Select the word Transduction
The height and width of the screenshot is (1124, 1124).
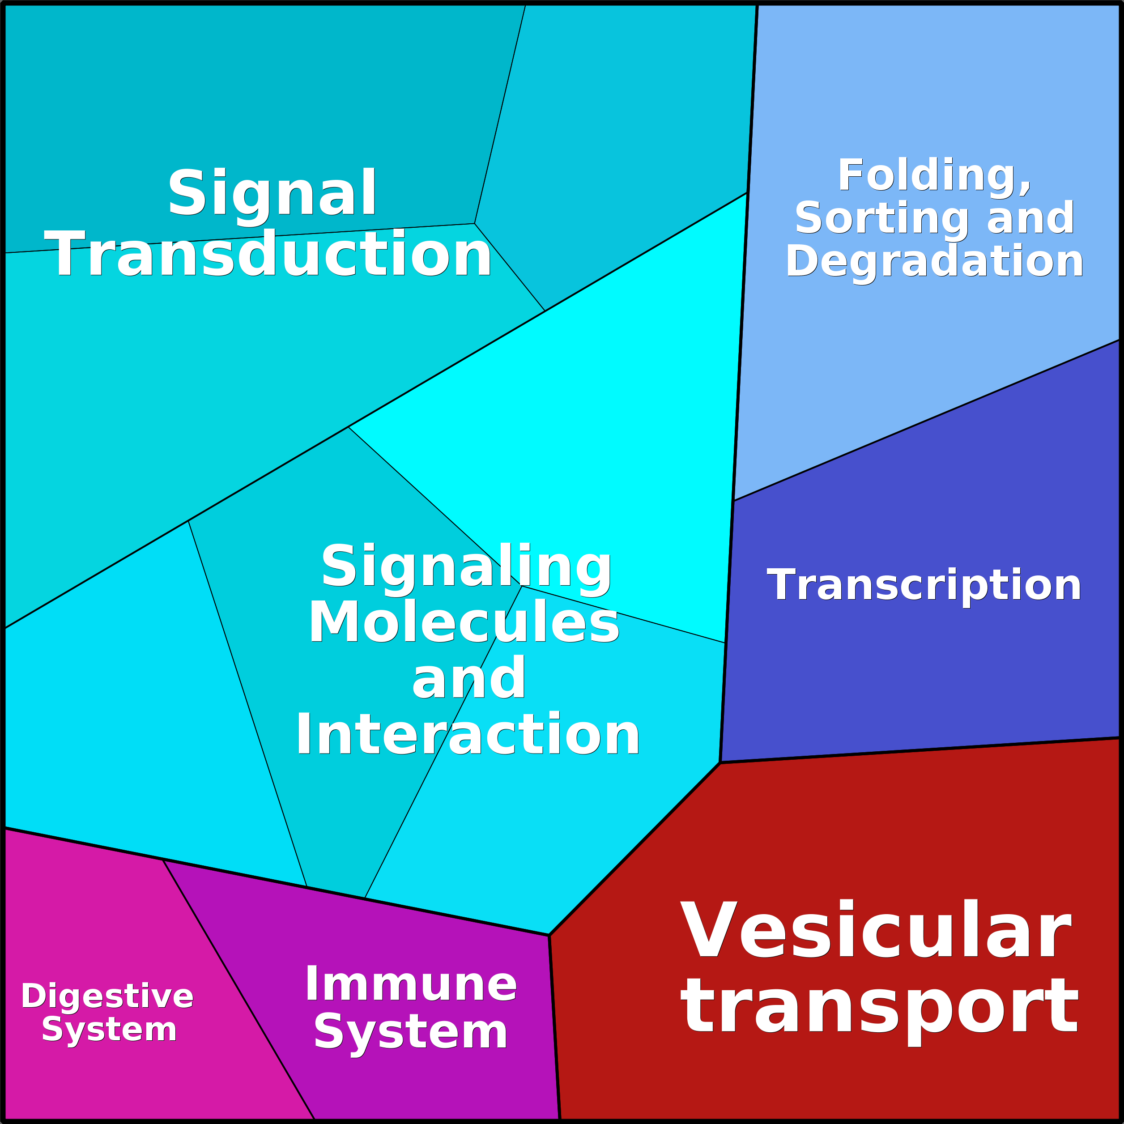point(268,254)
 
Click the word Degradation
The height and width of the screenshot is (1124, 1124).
point(934,261)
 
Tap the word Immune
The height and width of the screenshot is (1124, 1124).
point(411,984)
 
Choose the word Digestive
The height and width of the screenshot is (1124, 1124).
point(107,996)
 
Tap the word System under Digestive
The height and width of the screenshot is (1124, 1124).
point(109,1029)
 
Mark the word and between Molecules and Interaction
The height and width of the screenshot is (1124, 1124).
point(469,679)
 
